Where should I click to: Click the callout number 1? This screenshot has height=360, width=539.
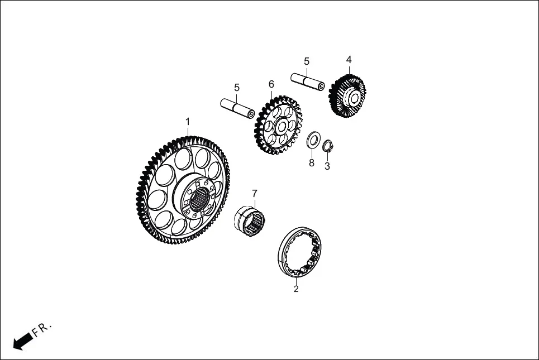tap(188, 122)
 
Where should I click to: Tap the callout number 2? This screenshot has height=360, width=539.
tap(296, 289)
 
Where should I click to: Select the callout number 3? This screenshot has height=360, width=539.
tap(327, 166)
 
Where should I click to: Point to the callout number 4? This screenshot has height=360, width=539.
tap(349, 60)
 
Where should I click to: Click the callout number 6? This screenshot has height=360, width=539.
tap(271, 84)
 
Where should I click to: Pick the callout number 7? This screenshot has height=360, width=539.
tap(254, 194)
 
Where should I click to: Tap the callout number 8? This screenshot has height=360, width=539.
tap(312, 163)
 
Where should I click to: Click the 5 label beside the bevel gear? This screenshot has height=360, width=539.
tap(307, 61)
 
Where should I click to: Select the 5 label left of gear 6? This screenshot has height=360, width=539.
tap(237, 88)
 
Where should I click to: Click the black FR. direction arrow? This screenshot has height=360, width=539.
tap(23, 341)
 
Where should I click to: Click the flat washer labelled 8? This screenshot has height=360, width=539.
tap(313, 140)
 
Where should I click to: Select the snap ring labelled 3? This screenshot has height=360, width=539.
tap(328, 146)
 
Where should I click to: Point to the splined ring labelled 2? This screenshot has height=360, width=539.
tap(299, 252)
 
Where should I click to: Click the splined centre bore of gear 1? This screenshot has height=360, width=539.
tap(200, 199)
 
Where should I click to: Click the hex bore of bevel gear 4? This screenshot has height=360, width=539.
tap(354, 99)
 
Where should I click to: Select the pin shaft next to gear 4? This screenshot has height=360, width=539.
tap(308, 81)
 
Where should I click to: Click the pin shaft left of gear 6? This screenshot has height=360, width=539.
tap(237, 108)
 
